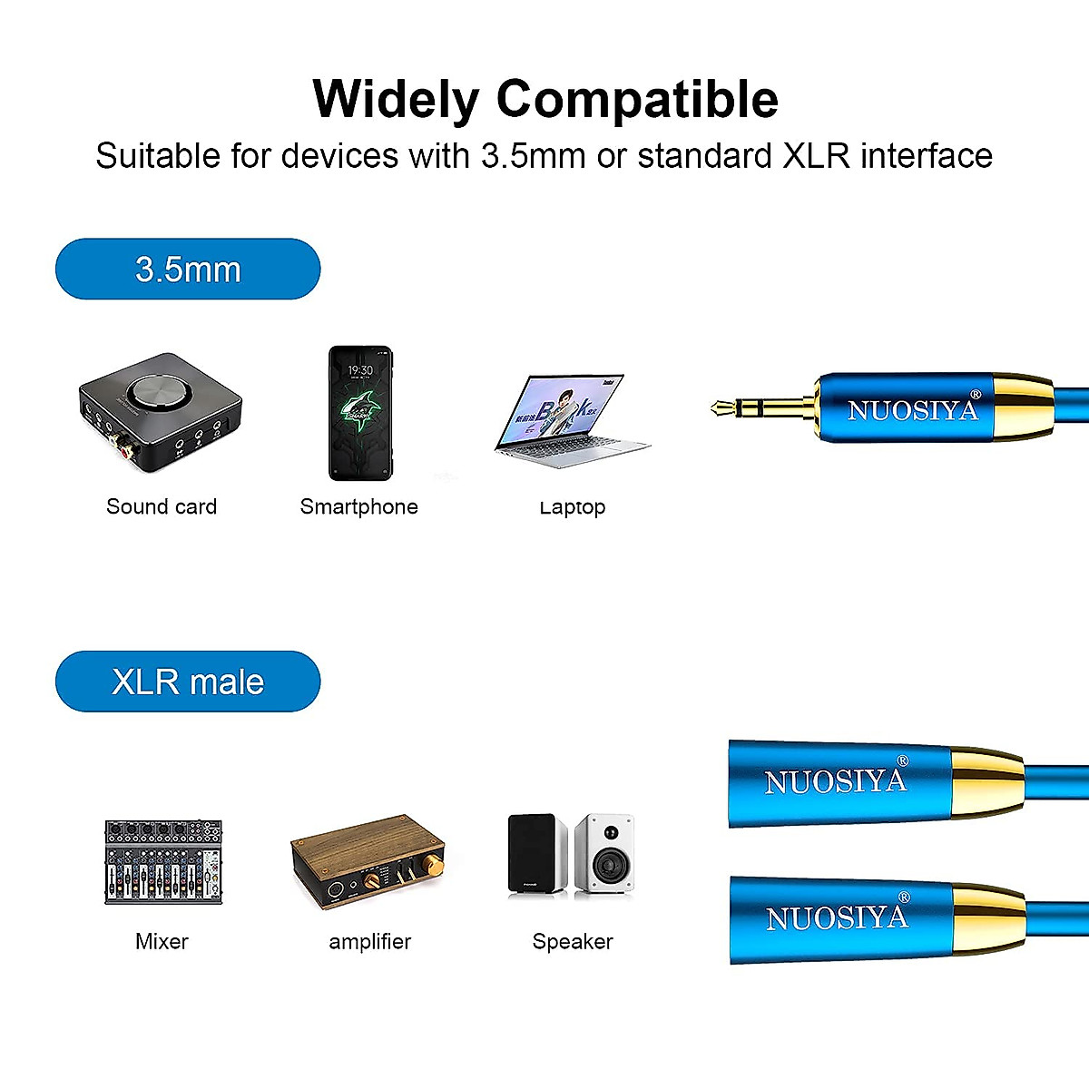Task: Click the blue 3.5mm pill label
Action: pos(188,270)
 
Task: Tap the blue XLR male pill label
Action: pos(188,682)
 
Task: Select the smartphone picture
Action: pos(359,413)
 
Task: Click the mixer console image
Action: pos(163,862)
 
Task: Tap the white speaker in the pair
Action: pos(604,853)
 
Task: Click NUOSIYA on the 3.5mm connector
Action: pos(913,410)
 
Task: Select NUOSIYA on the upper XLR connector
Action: pos(836,781)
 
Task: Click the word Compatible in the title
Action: pos(637,99)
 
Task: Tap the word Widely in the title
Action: pos(396,99)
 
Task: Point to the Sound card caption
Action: pos(162,506)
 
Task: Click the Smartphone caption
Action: pos(359,506)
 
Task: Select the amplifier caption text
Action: pos(369,941)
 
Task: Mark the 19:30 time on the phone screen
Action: pos(360,370)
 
